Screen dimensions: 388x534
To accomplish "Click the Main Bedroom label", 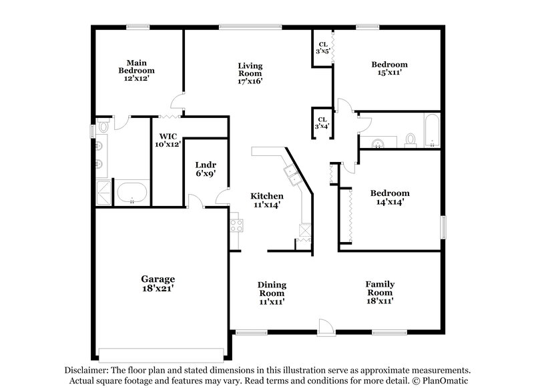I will pos(136,70).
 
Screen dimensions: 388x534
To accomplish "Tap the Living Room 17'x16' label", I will pos(250,73).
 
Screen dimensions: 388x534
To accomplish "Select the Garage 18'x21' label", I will pos(158,284).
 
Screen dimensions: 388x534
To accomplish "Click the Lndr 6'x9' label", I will pos(205,169).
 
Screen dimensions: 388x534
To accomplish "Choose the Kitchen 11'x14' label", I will pos(267,200).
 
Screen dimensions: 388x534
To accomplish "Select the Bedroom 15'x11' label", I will pos(389,69).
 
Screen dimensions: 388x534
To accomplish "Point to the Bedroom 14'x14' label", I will pos(389,198).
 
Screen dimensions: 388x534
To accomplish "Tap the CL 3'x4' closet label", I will pos(321,122).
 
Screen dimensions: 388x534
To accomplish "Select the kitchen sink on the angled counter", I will pos(292,175).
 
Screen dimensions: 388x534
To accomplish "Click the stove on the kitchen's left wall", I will pos(235,225).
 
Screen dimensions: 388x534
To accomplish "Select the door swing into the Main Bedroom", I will pos(177,101).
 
